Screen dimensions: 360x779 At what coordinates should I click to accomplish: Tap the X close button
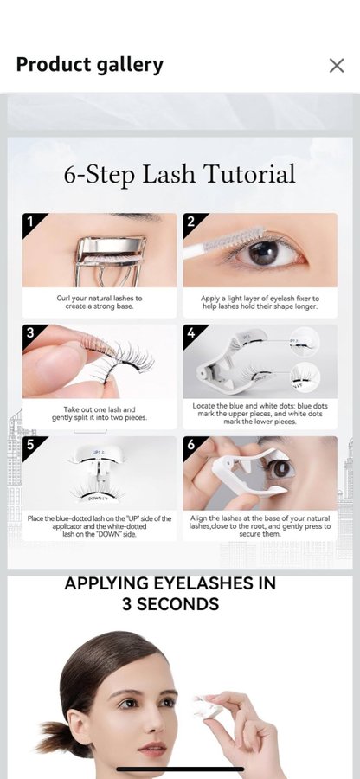(337, 65)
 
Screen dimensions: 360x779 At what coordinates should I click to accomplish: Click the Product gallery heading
(89, 65)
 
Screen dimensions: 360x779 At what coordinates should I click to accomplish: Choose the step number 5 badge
(30, 444)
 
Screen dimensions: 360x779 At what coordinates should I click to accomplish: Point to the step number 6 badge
(191, 444)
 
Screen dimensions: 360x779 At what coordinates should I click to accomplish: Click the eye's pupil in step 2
(263, 253)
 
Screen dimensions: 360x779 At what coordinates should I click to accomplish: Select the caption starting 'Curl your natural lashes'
(100, 303)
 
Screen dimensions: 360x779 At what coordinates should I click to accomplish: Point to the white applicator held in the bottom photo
(209, 707)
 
